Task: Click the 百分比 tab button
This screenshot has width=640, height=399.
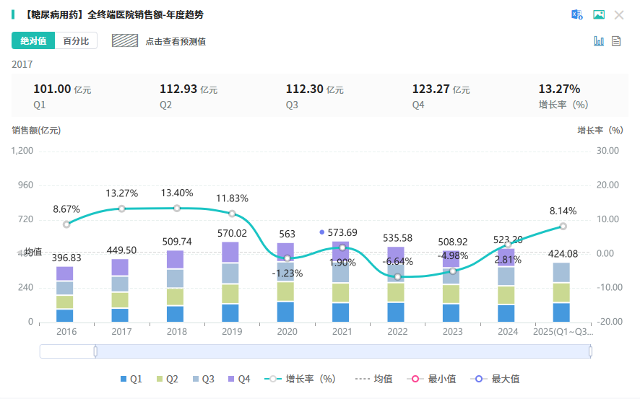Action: pyautogui.click(x=76, y=41)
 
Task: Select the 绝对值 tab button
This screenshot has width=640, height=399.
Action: pyautogui.click(x=33, y=41)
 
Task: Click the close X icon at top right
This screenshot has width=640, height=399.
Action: pyautogui.click(x=619, y=14)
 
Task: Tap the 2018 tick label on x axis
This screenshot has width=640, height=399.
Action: pyautogui.click(x=176, y=331)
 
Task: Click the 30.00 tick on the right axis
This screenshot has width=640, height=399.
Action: pyautogui.click(x=609, y=151)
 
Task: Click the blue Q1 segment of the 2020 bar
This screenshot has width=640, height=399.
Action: pyautogui.click(x=287, y=312)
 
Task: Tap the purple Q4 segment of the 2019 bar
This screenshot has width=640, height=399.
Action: pyautogui.click(x=231, y=252)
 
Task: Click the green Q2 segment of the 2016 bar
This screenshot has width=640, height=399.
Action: pyautogui.click(x=65, y=302)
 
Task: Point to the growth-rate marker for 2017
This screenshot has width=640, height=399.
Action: pyautogui.click(x=121, y=209)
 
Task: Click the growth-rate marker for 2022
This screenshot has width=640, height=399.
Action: pyautogui.click(x=397, y=276)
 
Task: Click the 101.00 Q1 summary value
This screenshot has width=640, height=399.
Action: pyautogui.click(x=53, y=89)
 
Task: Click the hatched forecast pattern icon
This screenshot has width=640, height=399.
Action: pyautogui.click(x=125, y=41)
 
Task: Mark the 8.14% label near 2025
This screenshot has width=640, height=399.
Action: pyautogui.click(x=563, y=211)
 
